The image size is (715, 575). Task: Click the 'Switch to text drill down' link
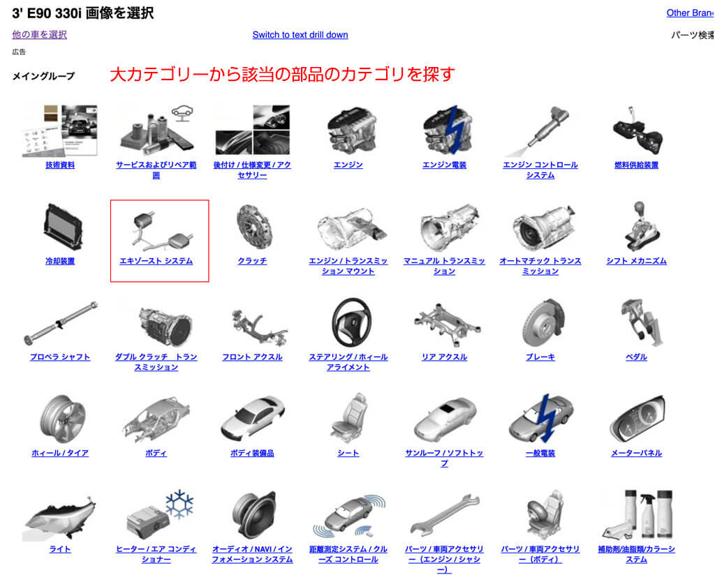[300, 35]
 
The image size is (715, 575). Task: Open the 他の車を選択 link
[39, 34]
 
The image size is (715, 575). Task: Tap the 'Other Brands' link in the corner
[691, 13]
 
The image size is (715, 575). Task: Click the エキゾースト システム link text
[156, 261]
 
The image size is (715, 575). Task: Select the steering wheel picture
[351, 322]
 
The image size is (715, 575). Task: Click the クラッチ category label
[252, 261]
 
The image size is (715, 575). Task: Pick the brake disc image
[543, 322]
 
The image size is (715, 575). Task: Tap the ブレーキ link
[540, 357]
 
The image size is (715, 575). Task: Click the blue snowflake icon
[179, 504]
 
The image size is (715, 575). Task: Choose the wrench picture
[445, 514]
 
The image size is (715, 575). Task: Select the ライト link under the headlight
[60, 549]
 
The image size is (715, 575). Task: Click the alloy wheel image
[61, 418]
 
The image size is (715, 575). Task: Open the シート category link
[348, 454]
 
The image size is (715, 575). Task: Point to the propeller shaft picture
[60, 323]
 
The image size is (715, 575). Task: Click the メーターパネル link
[636, 454]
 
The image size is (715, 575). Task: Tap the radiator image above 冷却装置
[63, 227]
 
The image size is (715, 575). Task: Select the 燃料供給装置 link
[636, 165]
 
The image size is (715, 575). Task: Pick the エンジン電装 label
[444, 165]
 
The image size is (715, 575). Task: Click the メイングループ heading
[43, 76]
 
